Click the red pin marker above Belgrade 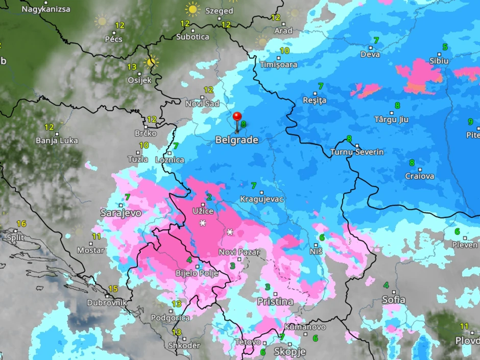237,117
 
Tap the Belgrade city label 236,139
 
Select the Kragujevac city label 262,199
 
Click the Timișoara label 278,65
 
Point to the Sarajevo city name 121,212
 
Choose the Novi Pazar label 239,252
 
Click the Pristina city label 275,301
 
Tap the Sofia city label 394,300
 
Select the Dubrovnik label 106,302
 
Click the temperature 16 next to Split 21,224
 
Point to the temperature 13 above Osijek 132,67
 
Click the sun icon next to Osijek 150,62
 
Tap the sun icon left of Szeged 193,9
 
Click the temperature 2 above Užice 209,197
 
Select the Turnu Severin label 357,152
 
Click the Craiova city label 420,176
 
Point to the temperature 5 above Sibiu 445,47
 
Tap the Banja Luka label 57,140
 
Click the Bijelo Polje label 197,273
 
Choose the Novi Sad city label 202,104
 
